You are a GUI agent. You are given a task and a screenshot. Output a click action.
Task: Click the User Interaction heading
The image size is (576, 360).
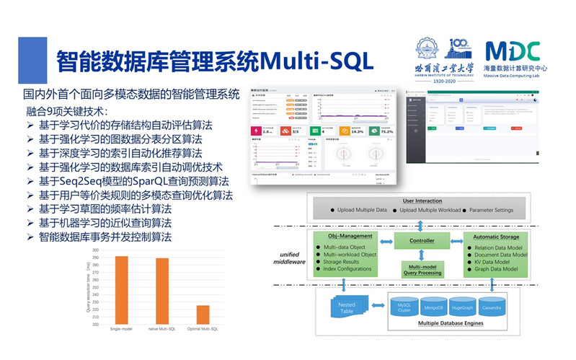coord(422,200)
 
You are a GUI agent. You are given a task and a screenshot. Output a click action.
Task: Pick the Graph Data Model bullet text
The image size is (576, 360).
coord(497,268)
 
